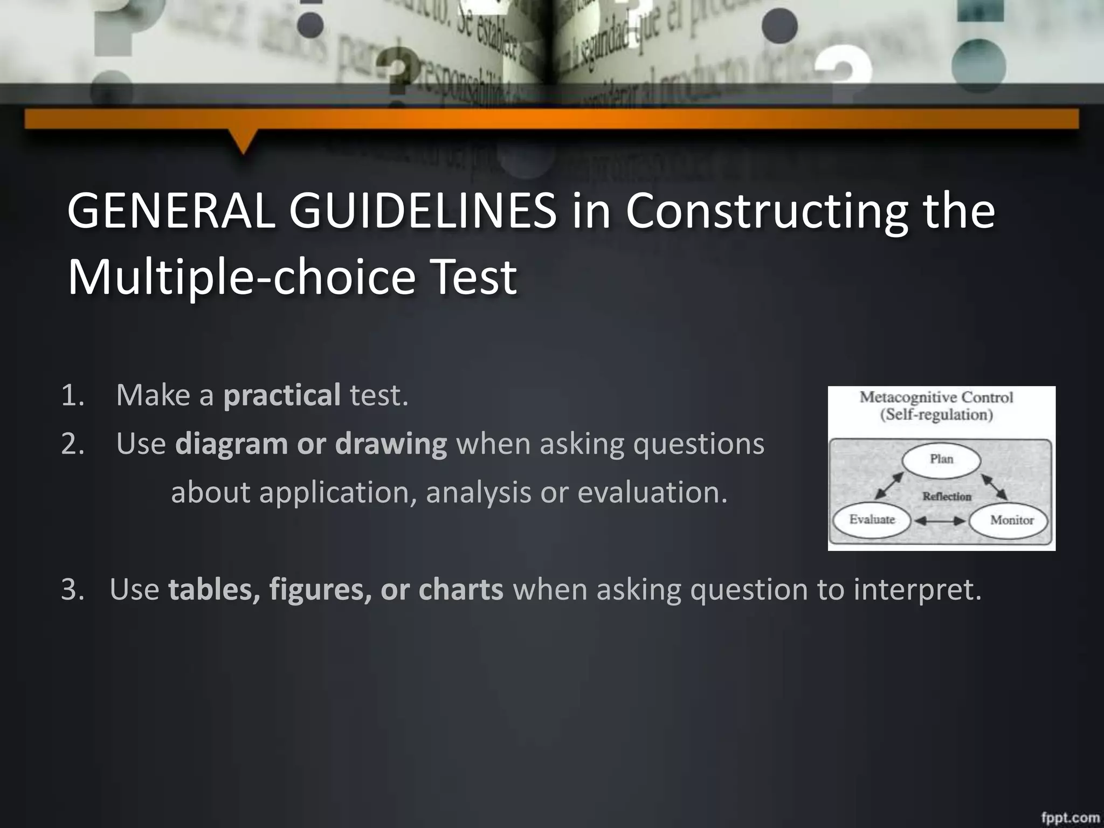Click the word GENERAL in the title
171,211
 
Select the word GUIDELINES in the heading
423,211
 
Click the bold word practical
282,395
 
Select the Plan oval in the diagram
942,460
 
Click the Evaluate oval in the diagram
872,520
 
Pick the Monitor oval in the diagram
1011,521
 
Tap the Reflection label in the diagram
947,496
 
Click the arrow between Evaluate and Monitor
941,521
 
